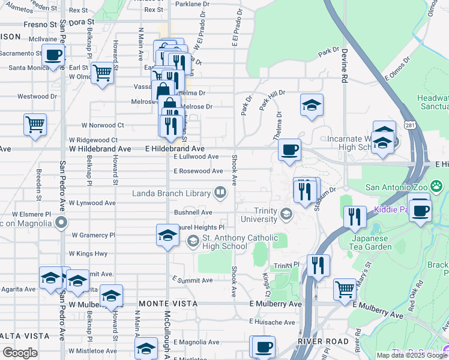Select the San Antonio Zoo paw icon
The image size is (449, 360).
coord(436,187)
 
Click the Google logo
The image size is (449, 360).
coord(20,353)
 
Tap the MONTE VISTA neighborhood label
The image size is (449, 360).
coord(167,304)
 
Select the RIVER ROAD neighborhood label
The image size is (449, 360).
coord(323,341)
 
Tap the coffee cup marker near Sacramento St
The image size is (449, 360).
coord(53,56)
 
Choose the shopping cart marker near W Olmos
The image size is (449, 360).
coord(103,73)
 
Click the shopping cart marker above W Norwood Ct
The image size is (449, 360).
coord(35,125)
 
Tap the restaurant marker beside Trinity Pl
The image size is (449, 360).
coord(318,265)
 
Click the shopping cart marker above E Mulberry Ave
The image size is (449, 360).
coord(345,289)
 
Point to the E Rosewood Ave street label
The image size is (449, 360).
coord(198,171)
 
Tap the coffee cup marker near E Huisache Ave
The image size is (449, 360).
coord(263,346)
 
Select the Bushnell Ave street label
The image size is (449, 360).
coord(193,212)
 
